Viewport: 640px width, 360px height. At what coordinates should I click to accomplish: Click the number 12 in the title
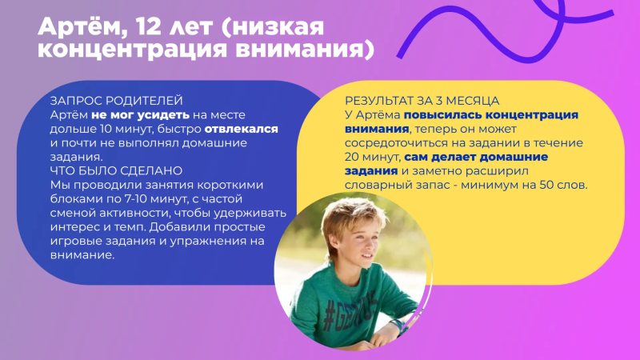tap(145, 27)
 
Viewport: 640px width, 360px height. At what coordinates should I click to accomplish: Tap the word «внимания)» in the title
tap(305, 50)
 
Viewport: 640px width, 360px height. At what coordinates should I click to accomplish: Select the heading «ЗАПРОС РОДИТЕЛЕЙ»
tap(116, 101)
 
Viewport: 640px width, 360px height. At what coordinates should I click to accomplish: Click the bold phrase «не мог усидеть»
tap(140, 115)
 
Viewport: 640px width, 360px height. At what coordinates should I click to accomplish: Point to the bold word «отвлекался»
tap(241, 129)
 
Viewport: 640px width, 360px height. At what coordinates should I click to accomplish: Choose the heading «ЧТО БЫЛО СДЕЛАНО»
tap(116, 170)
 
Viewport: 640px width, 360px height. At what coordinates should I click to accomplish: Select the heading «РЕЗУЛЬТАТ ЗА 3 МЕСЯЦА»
tap(422, 101)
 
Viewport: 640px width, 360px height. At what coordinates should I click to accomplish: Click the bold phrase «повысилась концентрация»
tap(491, 115)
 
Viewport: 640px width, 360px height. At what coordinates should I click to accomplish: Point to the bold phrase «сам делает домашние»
tap(476, 157)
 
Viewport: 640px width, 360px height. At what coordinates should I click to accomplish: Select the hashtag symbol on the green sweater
tap(330, 316)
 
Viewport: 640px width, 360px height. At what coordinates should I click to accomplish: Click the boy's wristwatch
tap(396, 325)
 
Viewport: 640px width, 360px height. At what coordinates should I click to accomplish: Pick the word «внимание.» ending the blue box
tap(82, 254)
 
